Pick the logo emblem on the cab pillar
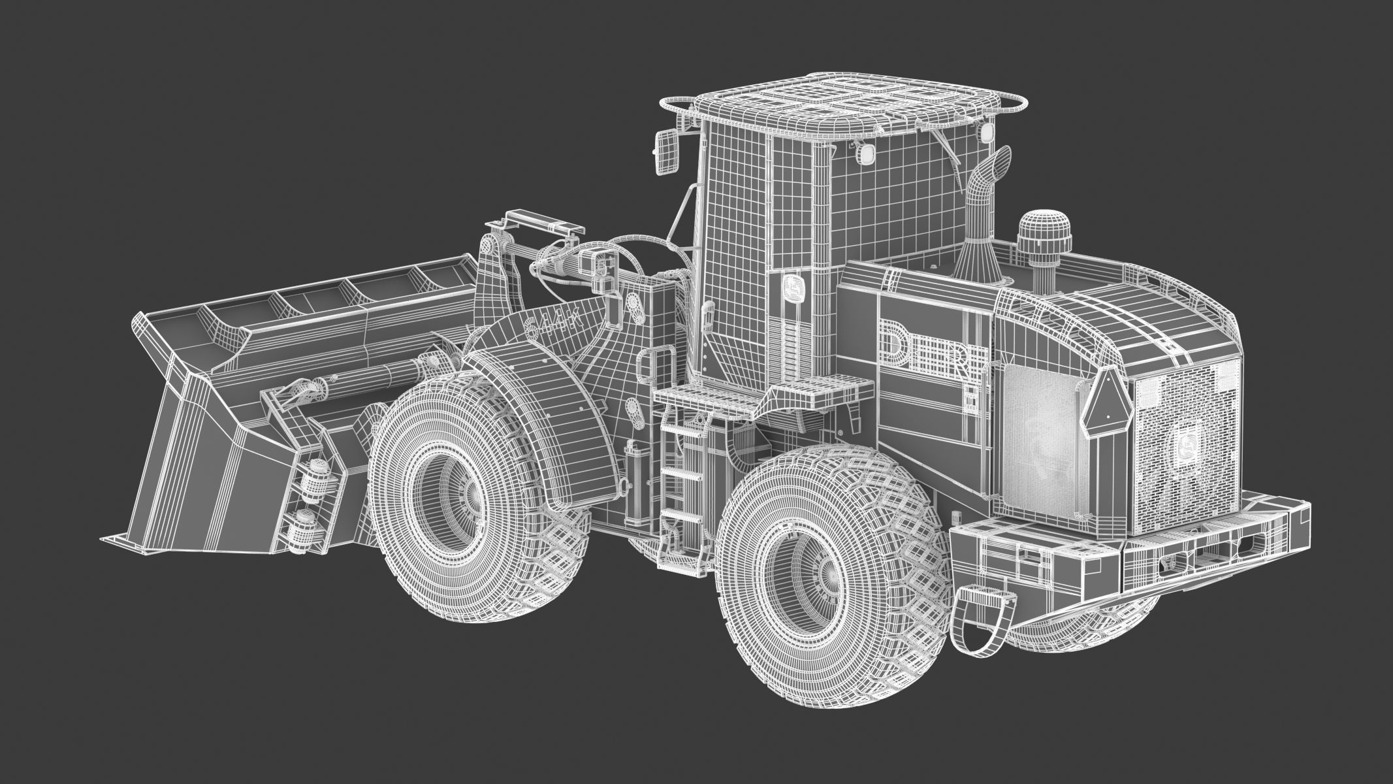coord(794,287)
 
